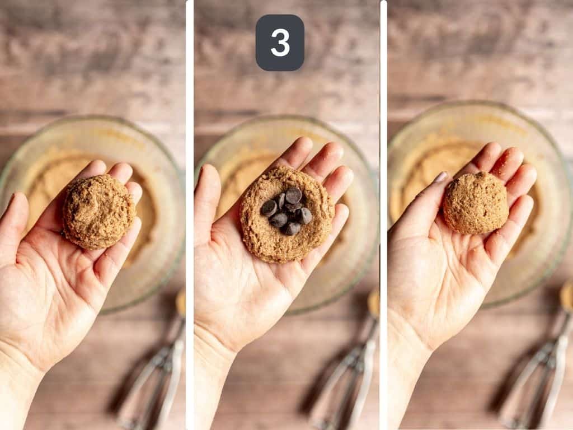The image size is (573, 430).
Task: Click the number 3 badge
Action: tap(280, 43)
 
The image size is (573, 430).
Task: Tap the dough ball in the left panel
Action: tap(98, 212)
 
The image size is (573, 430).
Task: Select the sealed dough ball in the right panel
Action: tap(476, 203)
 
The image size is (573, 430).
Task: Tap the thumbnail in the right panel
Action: tap(442, 177)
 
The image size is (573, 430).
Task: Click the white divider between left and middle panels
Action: tap(190, 215)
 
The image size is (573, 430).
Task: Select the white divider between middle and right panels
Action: tap(383, 215)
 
